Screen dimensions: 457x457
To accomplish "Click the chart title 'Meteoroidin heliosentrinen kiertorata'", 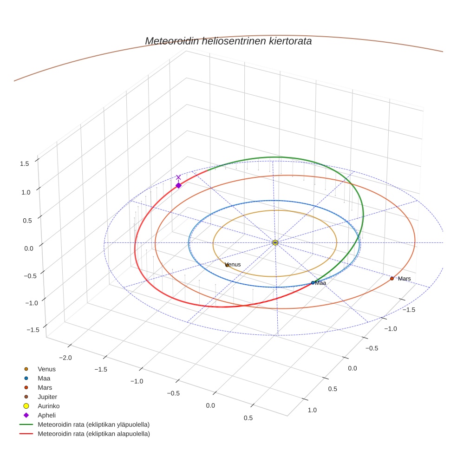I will pos(228,41).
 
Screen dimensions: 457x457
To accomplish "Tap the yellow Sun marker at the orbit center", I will pos(275,242).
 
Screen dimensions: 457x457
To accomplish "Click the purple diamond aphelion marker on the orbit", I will pos(178,185).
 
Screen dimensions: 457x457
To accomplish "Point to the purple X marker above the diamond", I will pos(178,177).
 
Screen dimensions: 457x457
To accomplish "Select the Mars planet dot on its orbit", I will pos(392,279).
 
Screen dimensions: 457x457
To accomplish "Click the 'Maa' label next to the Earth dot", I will pos(320,283).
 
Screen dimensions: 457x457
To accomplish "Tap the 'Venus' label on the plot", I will pos(233,265).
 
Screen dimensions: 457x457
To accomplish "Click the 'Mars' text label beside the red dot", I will pos(404,279).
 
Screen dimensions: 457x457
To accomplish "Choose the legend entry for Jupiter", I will pos(47,397).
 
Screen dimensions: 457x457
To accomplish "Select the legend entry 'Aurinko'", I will pos(48,406).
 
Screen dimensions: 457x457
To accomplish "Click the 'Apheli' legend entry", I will pos(46,415).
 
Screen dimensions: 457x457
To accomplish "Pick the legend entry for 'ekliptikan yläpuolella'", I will pos(93,424).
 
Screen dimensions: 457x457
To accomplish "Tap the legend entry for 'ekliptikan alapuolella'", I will pos(93,434).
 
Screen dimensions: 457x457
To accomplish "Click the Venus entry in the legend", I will pos(46,369).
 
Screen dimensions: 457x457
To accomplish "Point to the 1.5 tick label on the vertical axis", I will pos(25,163).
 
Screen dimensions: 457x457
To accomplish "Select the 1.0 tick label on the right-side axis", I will pos(312,410).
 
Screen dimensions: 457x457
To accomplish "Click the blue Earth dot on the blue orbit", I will pos(313,282).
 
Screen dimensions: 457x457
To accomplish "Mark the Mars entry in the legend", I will pos(45,388).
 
